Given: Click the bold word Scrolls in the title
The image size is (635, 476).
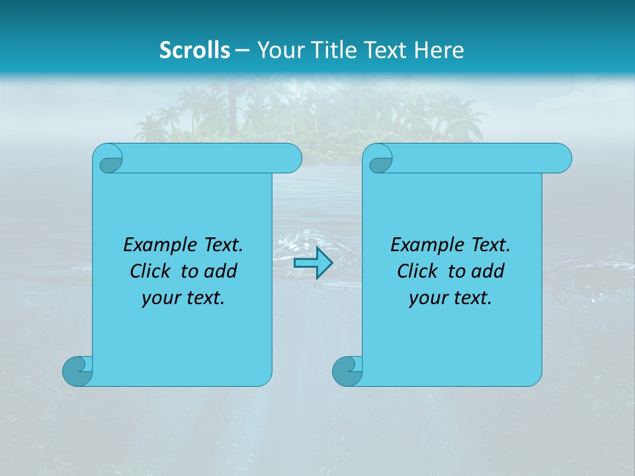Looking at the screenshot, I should pos(194,50).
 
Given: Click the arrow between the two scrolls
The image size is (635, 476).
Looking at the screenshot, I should pos(313,263).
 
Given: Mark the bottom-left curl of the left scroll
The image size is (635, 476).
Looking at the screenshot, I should pos(77,370).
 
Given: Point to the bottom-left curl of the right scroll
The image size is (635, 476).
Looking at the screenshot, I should pos(347,370).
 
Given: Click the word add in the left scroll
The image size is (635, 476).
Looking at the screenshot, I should pos(220,271).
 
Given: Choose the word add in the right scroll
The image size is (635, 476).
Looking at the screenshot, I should pos(487,271).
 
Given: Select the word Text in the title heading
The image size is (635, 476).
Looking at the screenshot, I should pos(386,50).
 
